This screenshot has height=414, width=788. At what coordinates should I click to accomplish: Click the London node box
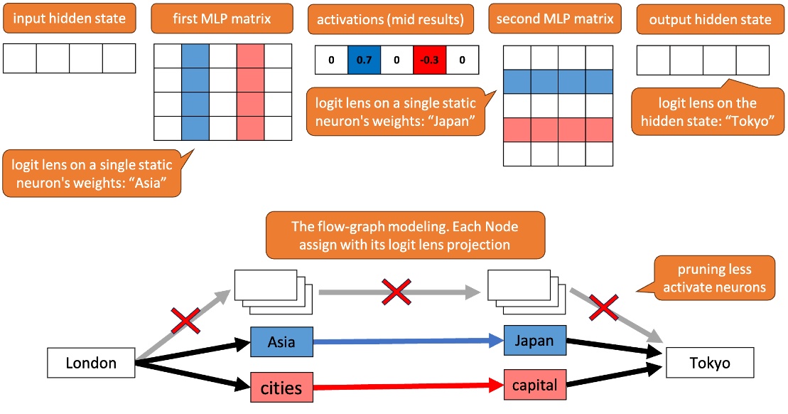(91, 363)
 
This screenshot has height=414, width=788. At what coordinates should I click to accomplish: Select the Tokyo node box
(709, 363)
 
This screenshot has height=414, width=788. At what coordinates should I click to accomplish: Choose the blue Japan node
(534, 341)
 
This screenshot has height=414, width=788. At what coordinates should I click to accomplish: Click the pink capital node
(534, 386)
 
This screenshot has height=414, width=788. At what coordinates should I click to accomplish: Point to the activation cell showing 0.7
(364, 60)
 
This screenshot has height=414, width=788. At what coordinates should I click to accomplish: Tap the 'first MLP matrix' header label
(222, 18)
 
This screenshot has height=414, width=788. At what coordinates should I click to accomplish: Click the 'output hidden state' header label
(710, 19)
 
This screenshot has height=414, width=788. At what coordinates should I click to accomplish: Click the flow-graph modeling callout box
(405, 235)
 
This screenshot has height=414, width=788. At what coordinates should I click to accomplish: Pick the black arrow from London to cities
(192, 375)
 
